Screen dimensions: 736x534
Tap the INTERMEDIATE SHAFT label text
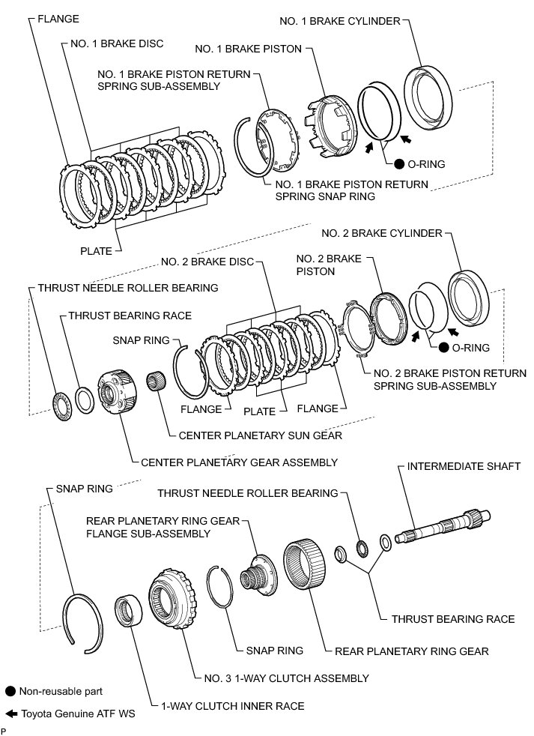(463, 466)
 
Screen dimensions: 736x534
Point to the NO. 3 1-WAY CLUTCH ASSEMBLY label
(286, 678)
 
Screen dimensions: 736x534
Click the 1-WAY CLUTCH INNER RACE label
(233, 706)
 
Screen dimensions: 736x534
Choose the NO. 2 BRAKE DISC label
(207, 262)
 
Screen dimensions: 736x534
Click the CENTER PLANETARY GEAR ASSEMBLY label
(239, 462)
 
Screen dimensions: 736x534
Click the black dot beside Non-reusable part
(10, 692)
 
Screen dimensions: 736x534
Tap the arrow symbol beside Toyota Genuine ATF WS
(10, 714)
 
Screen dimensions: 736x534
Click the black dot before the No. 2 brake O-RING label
(444, 348)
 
